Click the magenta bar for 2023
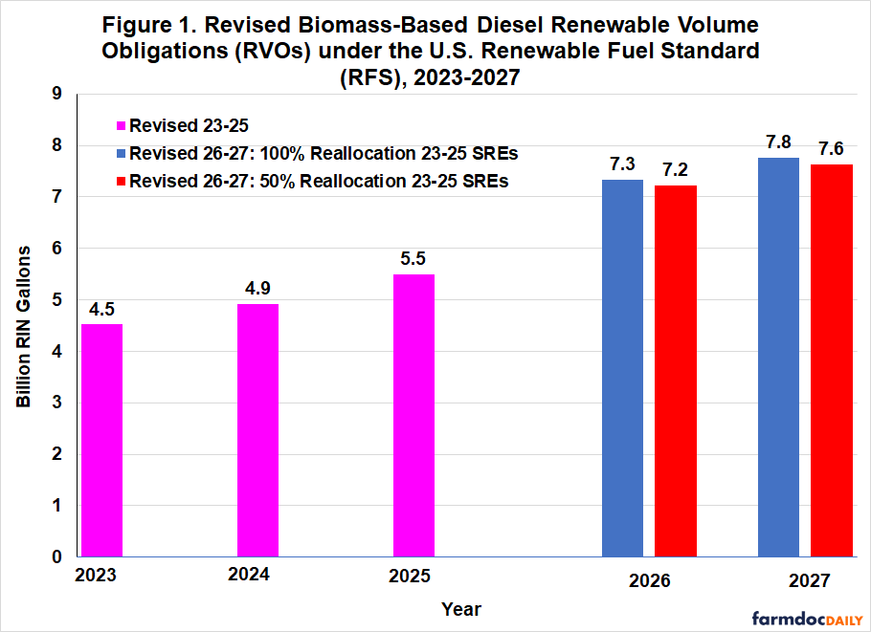click(x=101, y=440)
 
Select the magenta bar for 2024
click(x=257, y=430)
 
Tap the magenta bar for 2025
click(x=413, y=415)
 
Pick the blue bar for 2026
click(x=622, y=368)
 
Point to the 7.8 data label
click(x=778, y=142)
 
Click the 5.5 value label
click(x=413, y=258)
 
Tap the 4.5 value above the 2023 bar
click(x=101, y=308)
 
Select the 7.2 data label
click(x=676, y=169)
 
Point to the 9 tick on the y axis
click(x=56, y=94)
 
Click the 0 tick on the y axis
click(x=56, y=556)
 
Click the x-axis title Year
click(x=461, y=609)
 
